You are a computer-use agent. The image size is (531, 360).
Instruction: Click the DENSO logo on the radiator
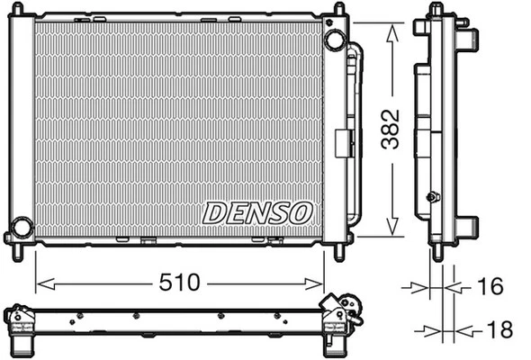tap(257, 213)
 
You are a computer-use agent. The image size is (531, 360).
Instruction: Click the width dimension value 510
tap(180, 283)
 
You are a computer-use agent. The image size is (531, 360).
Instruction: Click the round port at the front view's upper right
tap(334, 40)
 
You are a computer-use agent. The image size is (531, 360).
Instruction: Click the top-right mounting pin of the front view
tap(338, 11)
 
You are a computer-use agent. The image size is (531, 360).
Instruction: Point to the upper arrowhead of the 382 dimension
tap(391, 31)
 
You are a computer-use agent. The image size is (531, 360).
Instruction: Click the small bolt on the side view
tap(434, 197)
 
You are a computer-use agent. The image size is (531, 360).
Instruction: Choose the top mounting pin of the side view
tap(437, 10)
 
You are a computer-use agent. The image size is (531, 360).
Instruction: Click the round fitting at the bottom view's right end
tap(354, 316)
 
